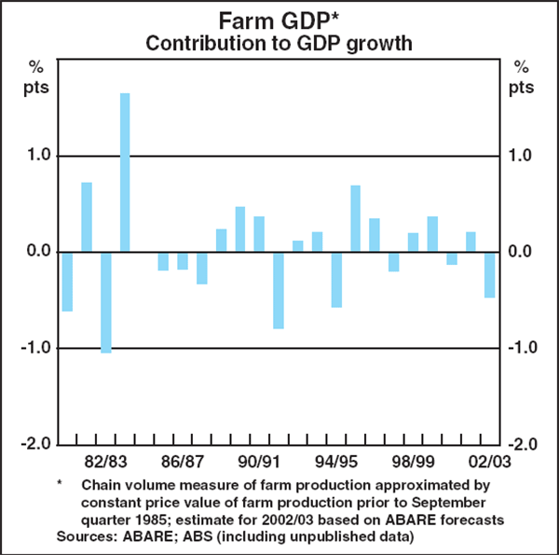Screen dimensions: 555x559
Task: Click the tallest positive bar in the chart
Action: [125, 172]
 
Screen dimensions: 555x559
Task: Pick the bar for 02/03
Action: [489, 274]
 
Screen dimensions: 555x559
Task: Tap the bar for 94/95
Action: [336, 279]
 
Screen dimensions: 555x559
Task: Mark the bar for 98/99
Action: [413, 242]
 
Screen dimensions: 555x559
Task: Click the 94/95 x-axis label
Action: [336, 461]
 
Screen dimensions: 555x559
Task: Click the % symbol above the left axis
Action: [37, 67]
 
